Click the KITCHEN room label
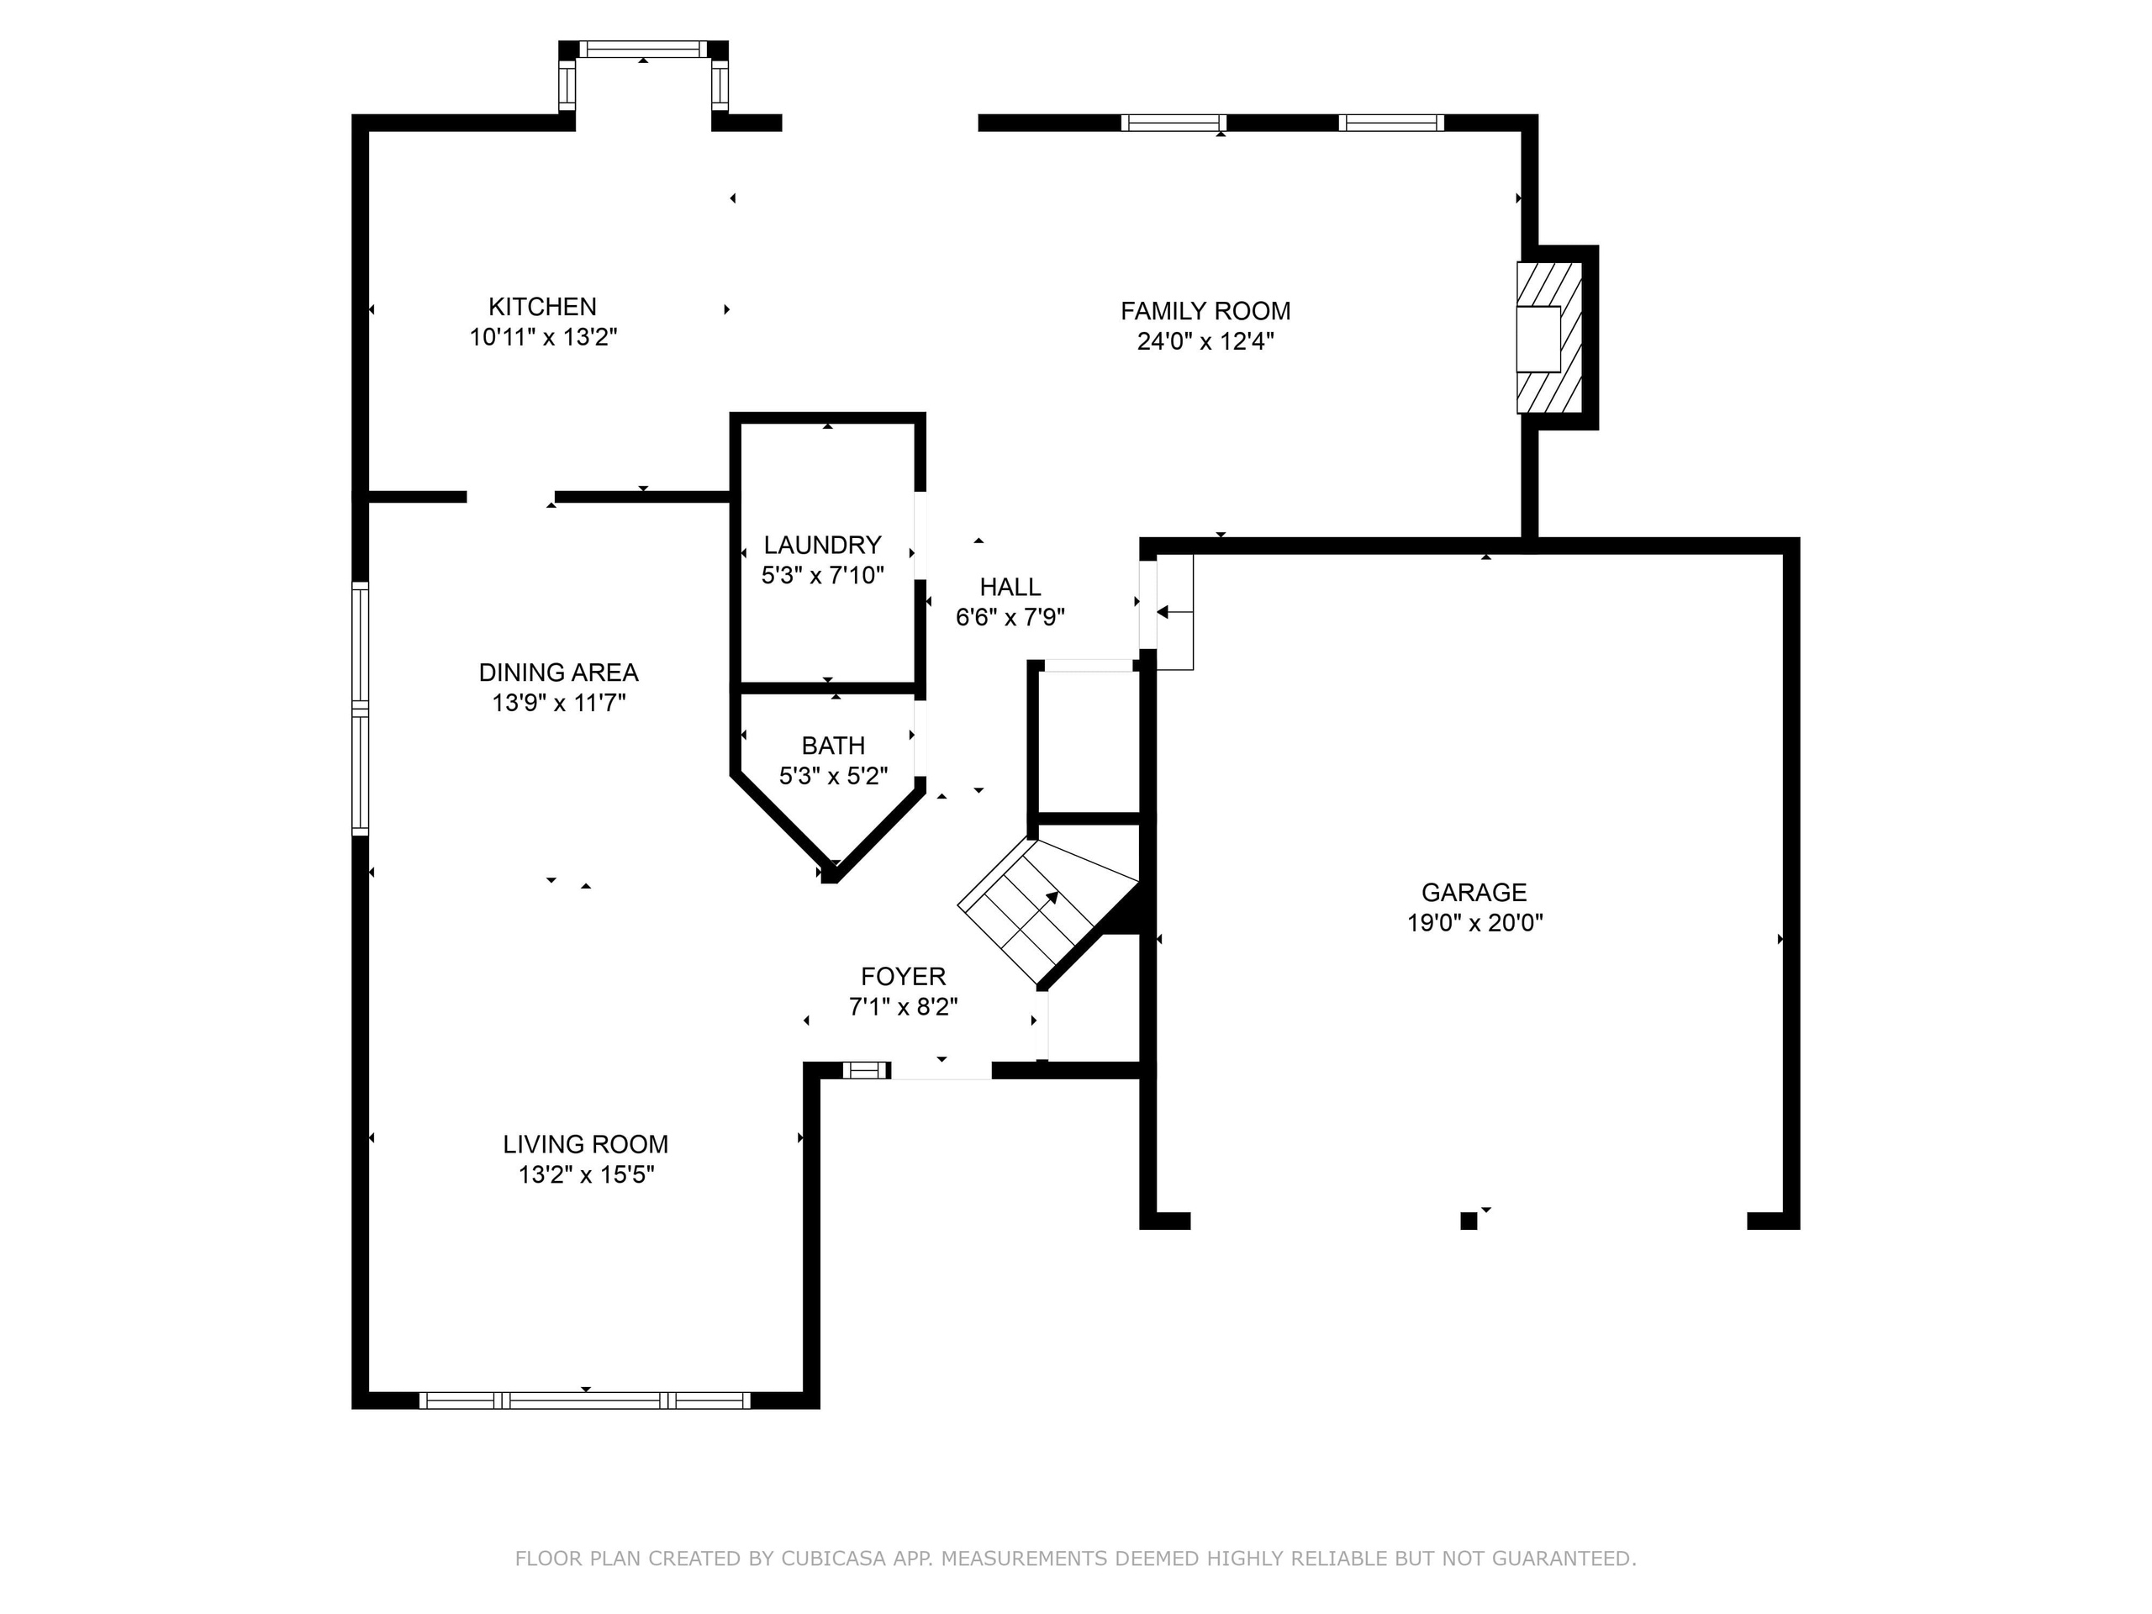[x=542, y=307]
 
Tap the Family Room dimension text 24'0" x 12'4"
[x=1205, y=341]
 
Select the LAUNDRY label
[x=822, y=545]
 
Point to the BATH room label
[x=833, y=746]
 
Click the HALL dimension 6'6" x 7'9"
[x=1010, y=617]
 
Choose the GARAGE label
[x=1473, y=892]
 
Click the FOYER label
[x=903, y=976]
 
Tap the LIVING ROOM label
[x=585, y=1144]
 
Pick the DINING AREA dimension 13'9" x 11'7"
[x=558, y=703]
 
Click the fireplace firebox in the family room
[x=1538, y=339]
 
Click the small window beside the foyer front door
[x=865, y=1070]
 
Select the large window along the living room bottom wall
[x=585, y=1401]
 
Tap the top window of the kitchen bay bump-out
[x=643, y=49]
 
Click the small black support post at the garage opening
[x=1468, y=1221]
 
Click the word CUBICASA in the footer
[x=833, y=1559]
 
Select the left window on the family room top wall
[x=1173, y=123]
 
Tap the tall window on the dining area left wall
[x=360, y=709]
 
